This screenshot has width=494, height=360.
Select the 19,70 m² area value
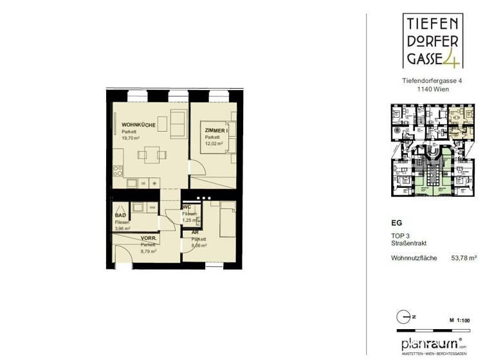pos(132,138)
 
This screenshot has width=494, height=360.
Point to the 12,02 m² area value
pos(214,143)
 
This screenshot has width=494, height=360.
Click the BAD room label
pos(120,216)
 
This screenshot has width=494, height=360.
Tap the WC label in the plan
pos(186,207)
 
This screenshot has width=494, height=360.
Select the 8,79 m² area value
pos(150,251)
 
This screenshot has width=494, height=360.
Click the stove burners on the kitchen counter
pos(118,172)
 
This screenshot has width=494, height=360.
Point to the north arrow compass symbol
pos(402,317)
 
